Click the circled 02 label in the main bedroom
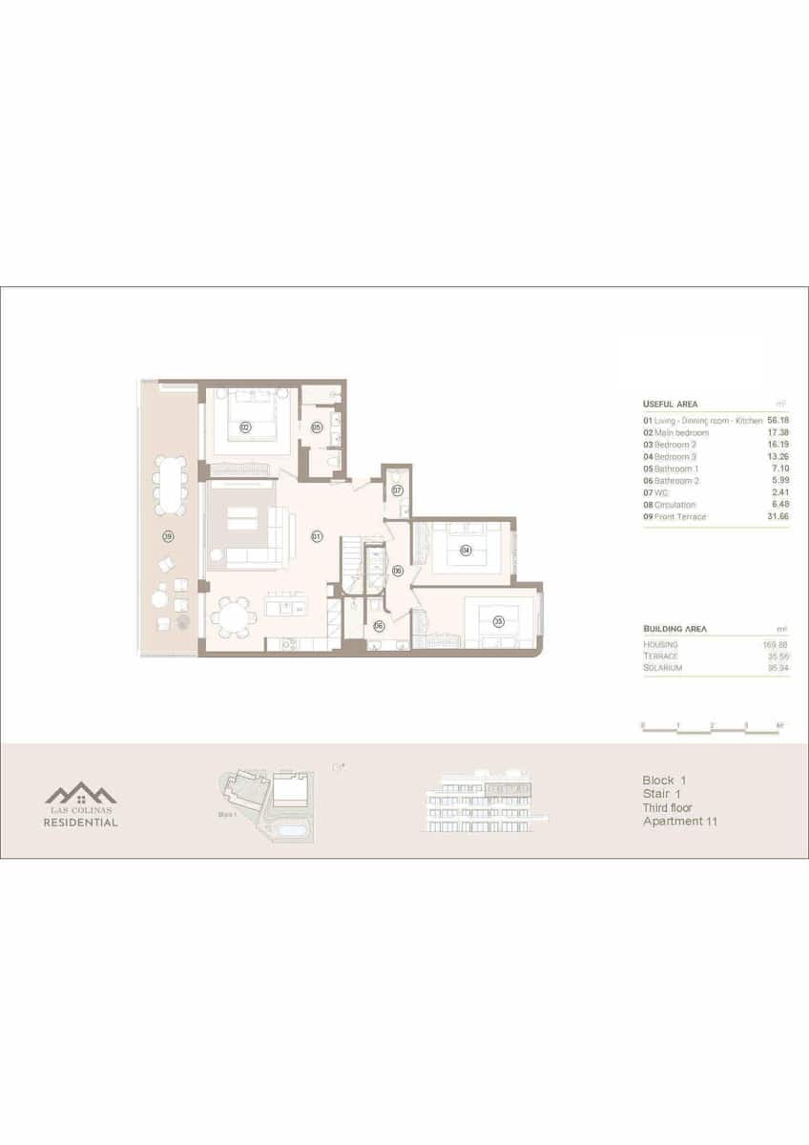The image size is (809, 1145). point(245,427)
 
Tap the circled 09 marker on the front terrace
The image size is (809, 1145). point(168,536)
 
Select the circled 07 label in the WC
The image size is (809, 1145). point(397,490)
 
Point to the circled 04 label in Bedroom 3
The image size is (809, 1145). point(466,550)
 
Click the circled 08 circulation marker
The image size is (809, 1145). point(397,571)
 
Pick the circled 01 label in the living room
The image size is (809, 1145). point(316,537)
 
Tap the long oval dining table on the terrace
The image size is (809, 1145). point(172,485)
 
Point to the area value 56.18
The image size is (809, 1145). point(778,420)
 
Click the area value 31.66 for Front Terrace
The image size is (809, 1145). point(778,517)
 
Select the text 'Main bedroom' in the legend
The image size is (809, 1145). point(681,432)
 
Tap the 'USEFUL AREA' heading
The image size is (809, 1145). point(670,404)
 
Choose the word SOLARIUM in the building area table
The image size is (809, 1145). point(662,667)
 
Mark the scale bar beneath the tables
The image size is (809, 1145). point(712,729)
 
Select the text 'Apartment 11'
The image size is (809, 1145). point(679,821)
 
